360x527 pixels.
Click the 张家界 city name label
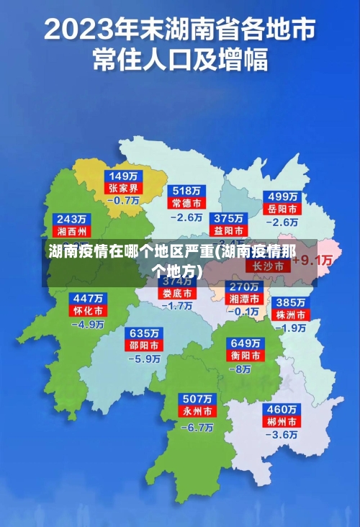(x=124, y=188)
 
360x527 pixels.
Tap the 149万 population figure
(x=124, y=176)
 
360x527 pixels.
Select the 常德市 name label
(x=186, y=203)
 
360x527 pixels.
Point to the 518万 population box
(x=186, y=191)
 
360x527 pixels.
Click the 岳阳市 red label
(x=282, y=209)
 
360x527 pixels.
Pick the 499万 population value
(x=282, y=197)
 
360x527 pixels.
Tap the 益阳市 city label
(x=228, y=230)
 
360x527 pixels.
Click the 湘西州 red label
(x=72, y=231)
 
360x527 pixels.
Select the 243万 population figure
(x=72, y=219)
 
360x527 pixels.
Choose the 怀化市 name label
(x=89, y=310)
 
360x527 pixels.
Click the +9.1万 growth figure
(x=315, y=260)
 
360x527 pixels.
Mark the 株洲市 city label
(x=292, y=315)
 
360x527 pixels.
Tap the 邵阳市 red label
(x=145, y=346)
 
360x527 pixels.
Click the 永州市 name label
(x=196, y=411)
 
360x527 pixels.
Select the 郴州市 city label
(x=282, y=421)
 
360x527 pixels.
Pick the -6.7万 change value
(x=197, y=427)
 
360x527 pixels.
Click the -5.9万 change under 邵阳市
(x=145, y=359)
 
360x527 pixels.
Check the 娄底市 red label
(x=176, y=294)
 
